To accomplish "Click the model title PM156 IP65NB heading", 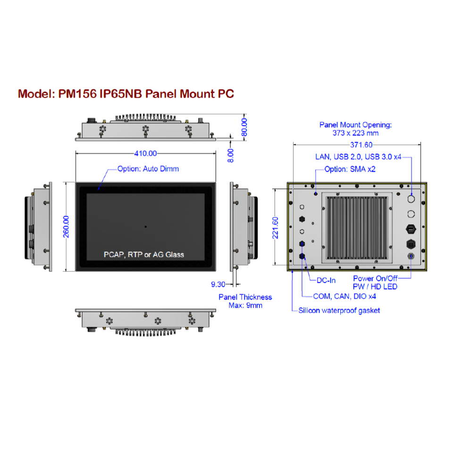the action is pyautogui.click(x=126, y=93).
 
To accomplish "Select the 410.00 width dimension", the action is pyautogui.click(x=145, y=153).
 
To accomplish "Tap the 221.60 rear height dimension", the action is pyautogui.click(x=276, y=227).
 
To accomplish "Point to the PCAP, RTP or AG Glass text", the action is pyautogui.click(x=144, y=254).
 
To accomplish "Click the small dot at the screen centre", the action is pyautogui.click(x=145, y=226).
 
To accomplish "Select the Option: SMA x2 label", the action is pyautogui.click(x=350, y=169).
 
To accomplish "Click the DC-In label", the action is pyautogui.click(x=326, y=280).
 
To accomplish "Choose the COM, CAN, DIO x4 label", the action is pyautogui.click(x=344, y=296).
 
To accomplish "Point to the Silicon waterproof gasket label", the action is pyautogui.click(x=339, y=310).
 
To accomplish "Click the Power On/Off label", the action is pyautogui.click(x=375, y=278).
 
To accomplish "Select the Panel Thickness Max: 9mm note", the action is pyautogui.click(x=245, y=301).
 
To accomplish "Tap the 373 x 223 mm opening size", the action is pyautogui.click(x=355, y=133).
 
